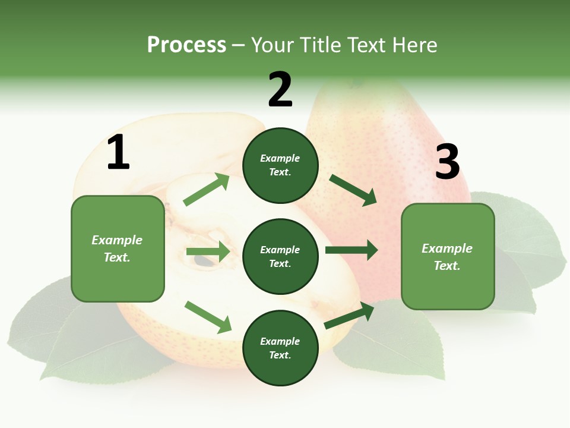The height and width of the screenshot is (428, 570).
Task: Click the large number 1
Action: coord(118,153)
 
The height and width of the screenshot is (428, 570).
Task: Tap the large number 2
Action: coord(280,90)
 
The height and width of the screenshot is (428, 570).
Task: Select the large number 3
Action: coord(447,162)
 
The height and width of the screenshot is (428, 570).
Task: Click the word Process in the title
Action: coord(186,45)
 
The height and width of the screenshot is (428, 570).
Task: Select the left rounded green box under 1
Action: coord(118,248)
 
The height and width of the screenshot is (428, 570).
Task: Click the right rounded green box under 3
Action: coord(448,257)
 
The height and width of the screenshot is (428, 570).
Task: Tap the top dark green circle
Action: coord(280,165)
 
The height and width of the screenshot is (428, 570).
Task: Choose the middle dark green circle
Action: coord(280,256)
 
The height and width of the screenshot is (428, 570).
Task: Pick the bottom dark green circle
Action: coord(280,348)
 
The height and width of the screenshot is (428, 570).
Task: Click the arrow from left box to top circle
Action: coord(207,190)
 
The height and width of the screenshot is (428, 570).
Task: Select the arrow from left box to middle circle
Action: coord(208,251)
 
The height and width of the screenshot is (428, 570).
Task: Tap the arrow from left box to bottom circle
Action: coord(208,317)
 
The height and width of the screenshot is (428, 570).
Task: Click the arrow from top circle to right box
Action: coord(353,190)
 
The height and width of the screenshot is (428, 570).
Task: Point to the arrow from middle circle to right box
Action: coord(351,250)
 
